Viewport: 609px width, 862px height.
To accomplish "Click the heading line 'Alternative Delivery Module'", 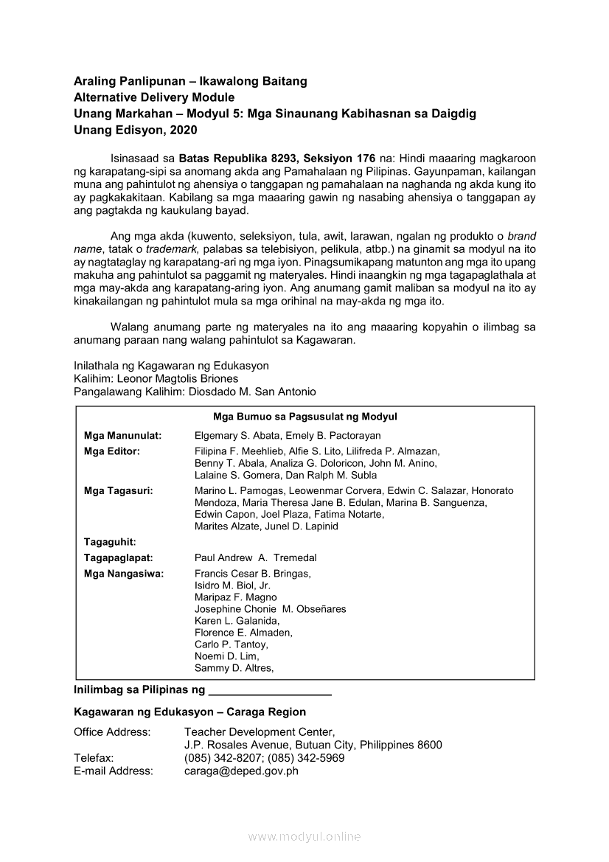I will [x=154, y=97].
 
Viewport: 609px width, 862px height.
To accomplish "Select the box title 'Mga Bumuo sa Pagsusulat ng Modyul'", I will [x=305, y=417].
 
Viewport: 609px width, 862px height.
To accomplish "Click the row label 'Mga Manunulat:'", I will [x=123, y=437].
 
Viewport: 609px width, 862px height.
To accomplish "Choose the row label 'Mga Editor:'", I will [x=112, y=451].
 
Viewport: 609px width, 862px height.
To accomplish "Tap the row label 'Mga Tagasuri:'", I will [x=119, y=490].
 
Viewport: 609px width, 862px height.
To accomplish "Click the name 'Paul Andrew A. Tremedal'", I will [x=255, y=558].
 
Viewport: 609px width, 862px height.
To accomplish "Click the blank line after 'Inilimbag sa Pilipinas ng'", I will [x=270, y=692].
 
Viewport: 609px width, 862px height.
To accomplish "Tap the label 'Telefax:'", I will [x=94, y=758].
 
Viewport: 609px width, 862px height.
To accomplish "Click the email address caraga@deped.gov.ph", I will [x=241, y=771].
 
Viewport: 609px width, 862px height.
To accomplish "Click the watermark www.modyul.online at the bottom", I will [x=304, y=836].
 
